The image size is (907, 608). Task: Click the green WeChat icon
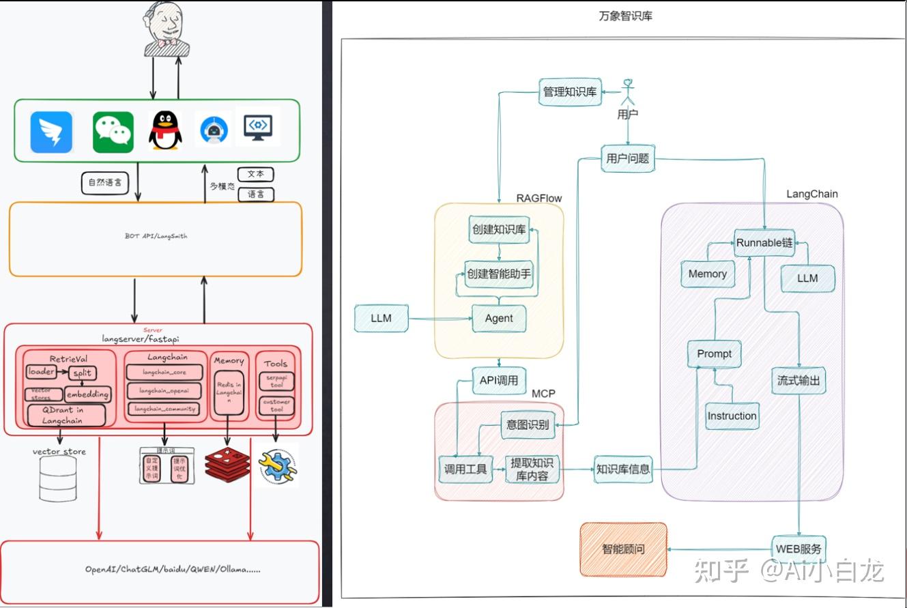point(113,132)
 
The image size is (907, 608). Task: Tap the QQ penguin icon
point(165,131)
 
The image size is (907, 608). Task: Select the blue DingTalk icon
point(52,132)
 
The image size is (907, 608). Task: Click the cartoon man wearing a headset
point(167,29)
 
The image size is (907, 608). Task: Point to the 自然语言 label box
point(105,182)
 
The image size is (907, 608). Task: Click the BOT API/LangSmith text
point(156,236)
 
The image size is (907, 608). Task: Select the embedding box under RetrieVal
point(87,394)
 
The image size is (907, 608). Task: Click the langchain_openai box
point(164,390)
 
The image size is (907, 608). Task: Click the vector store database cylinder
point(58,478)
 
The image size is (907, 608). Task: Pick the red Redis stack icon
point(228,466)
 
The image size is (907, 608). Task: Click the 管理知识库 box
point(570,92)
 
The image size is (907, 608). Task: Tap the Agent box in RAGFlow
point(499,318)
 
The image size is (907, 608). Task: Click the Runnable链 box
point(764,242)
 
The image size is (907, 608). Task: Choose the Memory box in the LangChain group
point(707,274)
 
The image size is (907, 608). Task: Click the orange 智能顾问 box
point(623,549)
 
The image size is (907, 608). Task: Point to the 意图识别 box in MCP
point(528,425)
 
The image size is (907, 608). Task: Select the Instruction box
point(732,416)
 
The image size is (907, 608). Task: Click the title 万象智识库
point(625,15)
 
